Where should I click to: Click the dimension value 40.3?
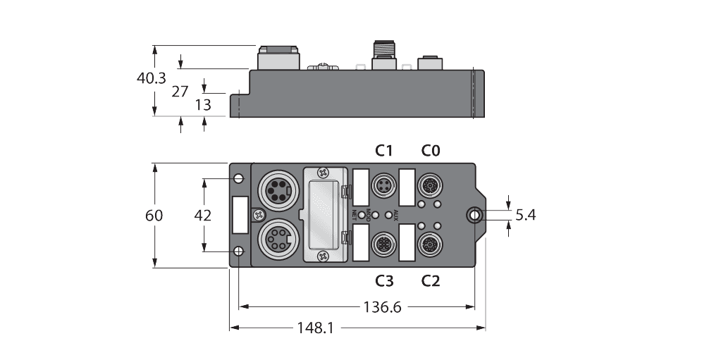pyautogui.click(x=152, y=78)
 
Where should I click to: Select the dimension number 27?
pyautogui.click(x=180, y=90)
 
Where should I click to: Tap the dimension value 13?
pyautogui.click(x=202, y=105)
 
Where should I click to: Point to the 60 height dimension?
pyautogui.click(x=154, y=216)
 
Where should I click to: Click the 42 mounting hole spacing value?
pyautogui.click(x=202, y=216)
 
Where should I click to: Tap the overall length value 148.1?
pyautogui.click(x=316, y=328)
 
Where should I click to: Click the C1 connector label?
pyautogui.click(x=384, y=150)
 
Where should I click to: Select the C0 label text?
pyautogui.click(x=431, y=150)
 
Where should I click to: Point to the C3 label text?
pyautogui.click(x=384, y=281)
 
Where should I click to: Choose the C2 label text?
pyautogui.click(x=431, y=281)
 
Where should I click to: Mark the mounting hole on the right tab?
pyautogui.click(x=476, y=215)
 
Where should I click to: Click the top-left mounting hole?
pyautogui.click(x=239, y=178)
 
